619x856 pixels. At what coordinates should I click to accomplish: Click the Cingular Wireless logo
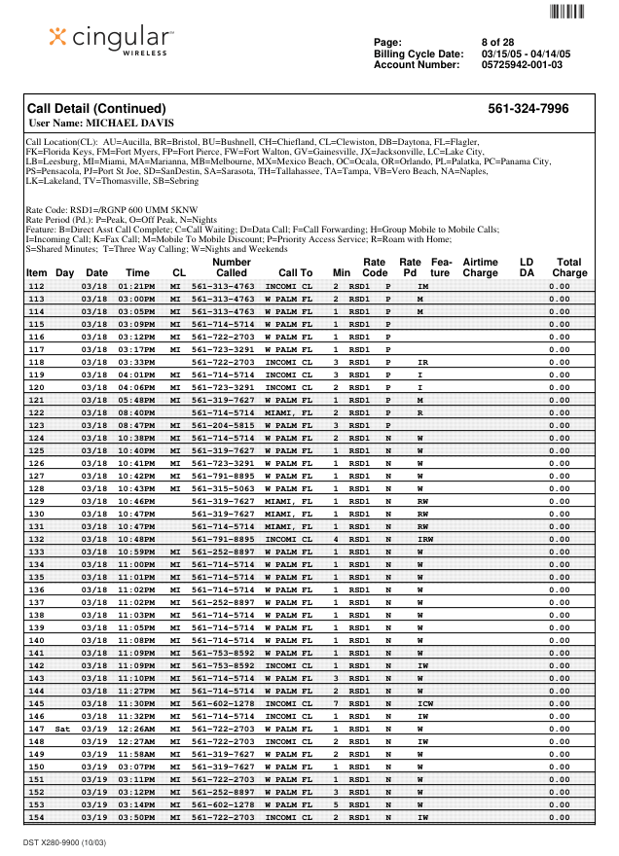click(112, 38)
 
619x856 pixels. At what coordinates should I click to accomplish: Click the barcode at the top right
click(568, 12)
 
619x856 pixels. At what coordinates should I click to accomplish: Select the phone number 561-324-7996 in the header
click(528, 109)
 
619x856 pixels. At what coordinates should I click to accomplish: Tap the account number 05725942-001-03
click(522, 65)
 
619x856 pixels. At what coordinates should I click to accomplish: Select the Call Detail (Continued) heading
click(96, 109)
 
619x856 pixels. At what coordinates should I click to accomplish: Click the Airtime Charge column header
click(480, 267)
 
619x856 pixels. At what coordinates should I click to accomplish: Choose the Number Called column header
click(231, 267)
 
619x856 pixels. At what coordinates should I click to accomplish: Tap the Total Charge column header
click(569, 267)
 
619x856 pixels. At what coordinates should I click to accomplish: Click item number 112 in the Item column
click(36, 287)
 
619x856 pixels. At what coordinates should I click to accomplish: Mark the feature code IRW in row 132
click(424, 539)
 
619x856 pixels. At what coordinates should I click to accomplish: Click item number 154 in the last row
click(36, 817)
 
